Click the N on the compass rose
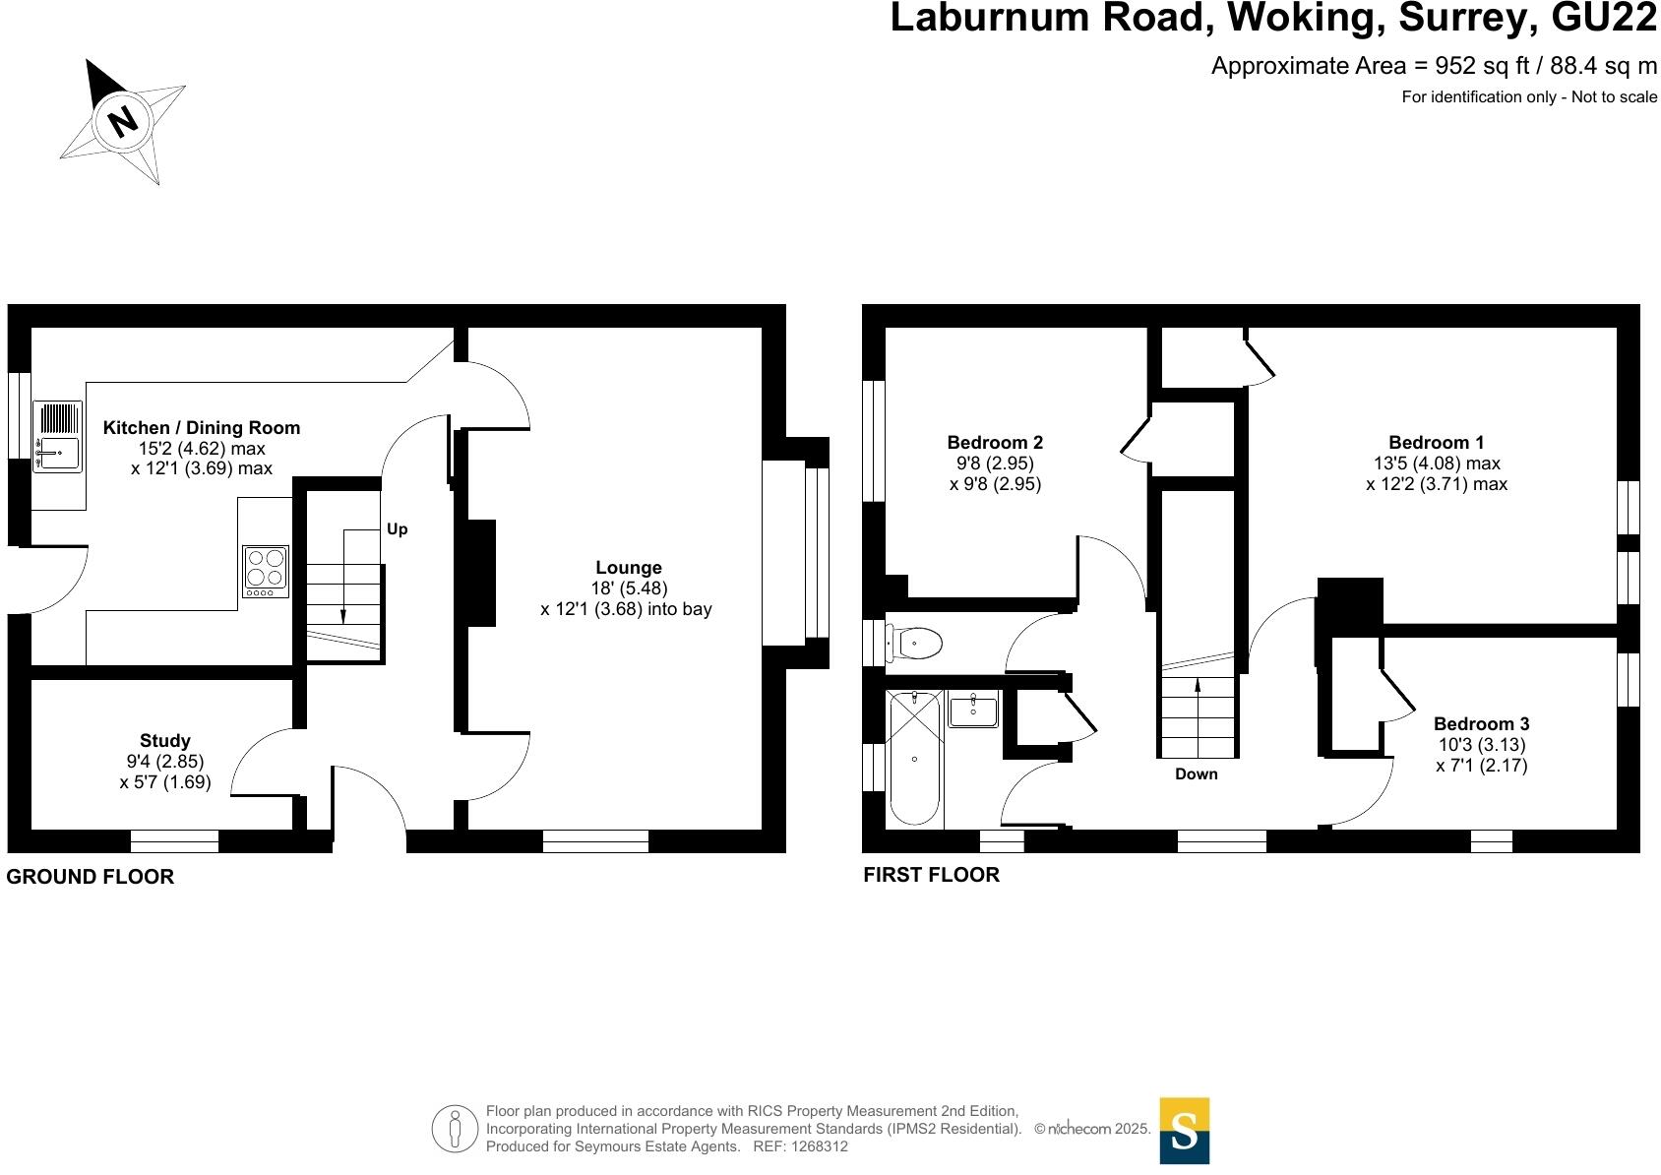click(x=122, y=121)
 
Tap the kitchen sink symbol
click(x=57, y=436)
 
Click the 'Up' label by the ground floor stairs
click(x=397, y=529)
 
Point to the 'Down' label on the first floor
click(x=1196, y=774)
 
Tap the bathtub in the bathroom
click(x=914, y=758)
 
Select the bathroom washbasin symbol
click(x=973, y=710)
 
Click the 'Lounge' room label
click(x=629, y=568)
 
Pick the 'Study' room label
click(x=165, y=741)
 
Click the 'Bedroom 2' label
click(x=995, y=443)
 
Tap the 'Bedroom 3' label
click(x=1481, y=724)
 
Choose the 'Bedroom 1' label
click(x=1437, y=443)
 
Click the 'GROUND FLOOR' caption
click(x=91, y=877)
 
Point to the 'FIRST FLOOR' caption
click(x=931, y=875)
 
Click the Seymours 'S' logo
click(x=1185, y=1131)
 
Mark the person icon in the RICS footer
click(x=454, y=1129)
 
